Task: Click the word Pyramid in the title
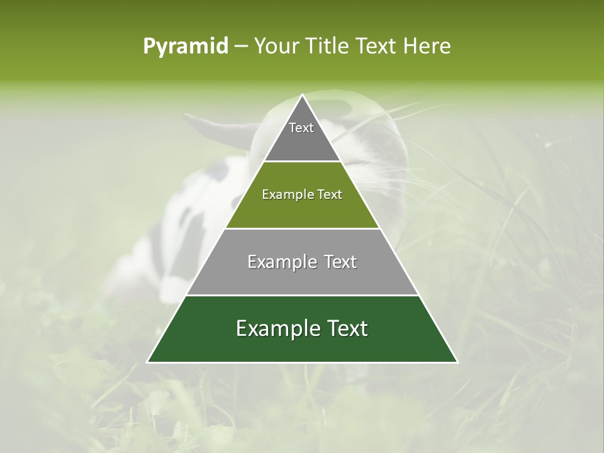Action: click(x=185, y=47)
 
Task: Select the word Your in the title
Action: click(x=274, y=46)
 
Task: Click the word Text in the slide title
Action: click(x=376, y=46)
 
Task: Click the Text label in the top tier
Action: click(x=301, y=128)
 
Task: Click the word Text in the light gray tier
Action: click(x=340, y=262)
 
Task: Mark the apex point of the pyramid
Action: click(x=303, y=95)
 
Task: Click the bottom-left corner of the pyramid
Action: click(x=148, y=362)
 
